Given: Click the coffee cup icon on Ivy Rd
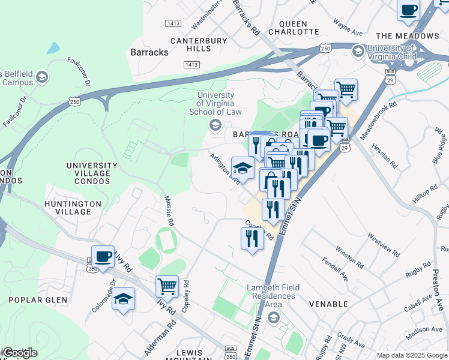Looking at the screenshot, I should (x=103, y=257).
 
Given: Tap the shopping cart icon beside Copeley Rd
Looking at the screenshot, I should (x=167, y=286).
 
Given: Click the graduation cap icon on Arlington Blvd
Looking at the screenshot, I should (x=243, y=167).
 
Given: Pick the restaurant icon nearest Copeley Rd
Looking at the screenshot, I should (x=252, y=238).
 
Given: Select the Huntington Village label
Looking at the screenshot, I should (x=73, y=208).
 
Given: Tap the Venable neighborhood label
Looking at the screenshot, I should (x=328, y=304).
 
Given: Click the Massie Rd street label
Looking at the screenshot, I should (x=170, y=211).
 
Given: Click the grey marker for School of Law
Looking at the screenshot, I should (x=214, y=125).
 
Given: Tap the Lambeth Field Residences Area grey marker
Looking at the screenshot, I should (x=273, y=317).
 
